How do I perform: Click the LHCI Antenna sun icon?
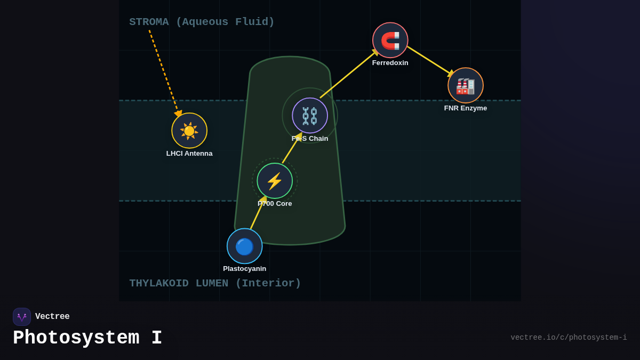pos(189,131)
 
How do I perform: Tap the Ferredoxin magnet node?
pos(390,41)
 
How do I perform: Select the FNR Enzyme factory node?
pos(466,85)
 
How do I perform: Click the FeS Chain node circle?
pos(310,115)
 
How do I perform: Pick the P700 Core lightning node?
pos(275,181)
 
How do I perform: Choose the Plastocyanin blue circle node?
pos(245,246)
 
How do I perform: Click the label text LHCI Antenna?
pos(189,154)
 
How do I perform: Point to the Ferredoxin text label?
pos(390,63)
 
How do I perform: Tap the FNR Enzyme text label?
pos(466,108)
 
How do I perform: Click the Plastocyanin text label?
pos(245,269)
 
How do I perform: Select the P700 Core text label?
pos(275,204)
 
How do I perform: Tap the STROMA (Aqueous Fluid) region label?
pos(202,22)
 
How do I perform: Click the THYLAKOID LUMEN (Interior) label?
pos(215,283)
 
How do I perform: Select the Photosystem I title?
pos(87,338)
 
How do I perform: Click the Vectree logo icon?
pos(22,317)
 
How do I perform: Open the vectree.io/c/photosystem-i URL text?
pos(569,338)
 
